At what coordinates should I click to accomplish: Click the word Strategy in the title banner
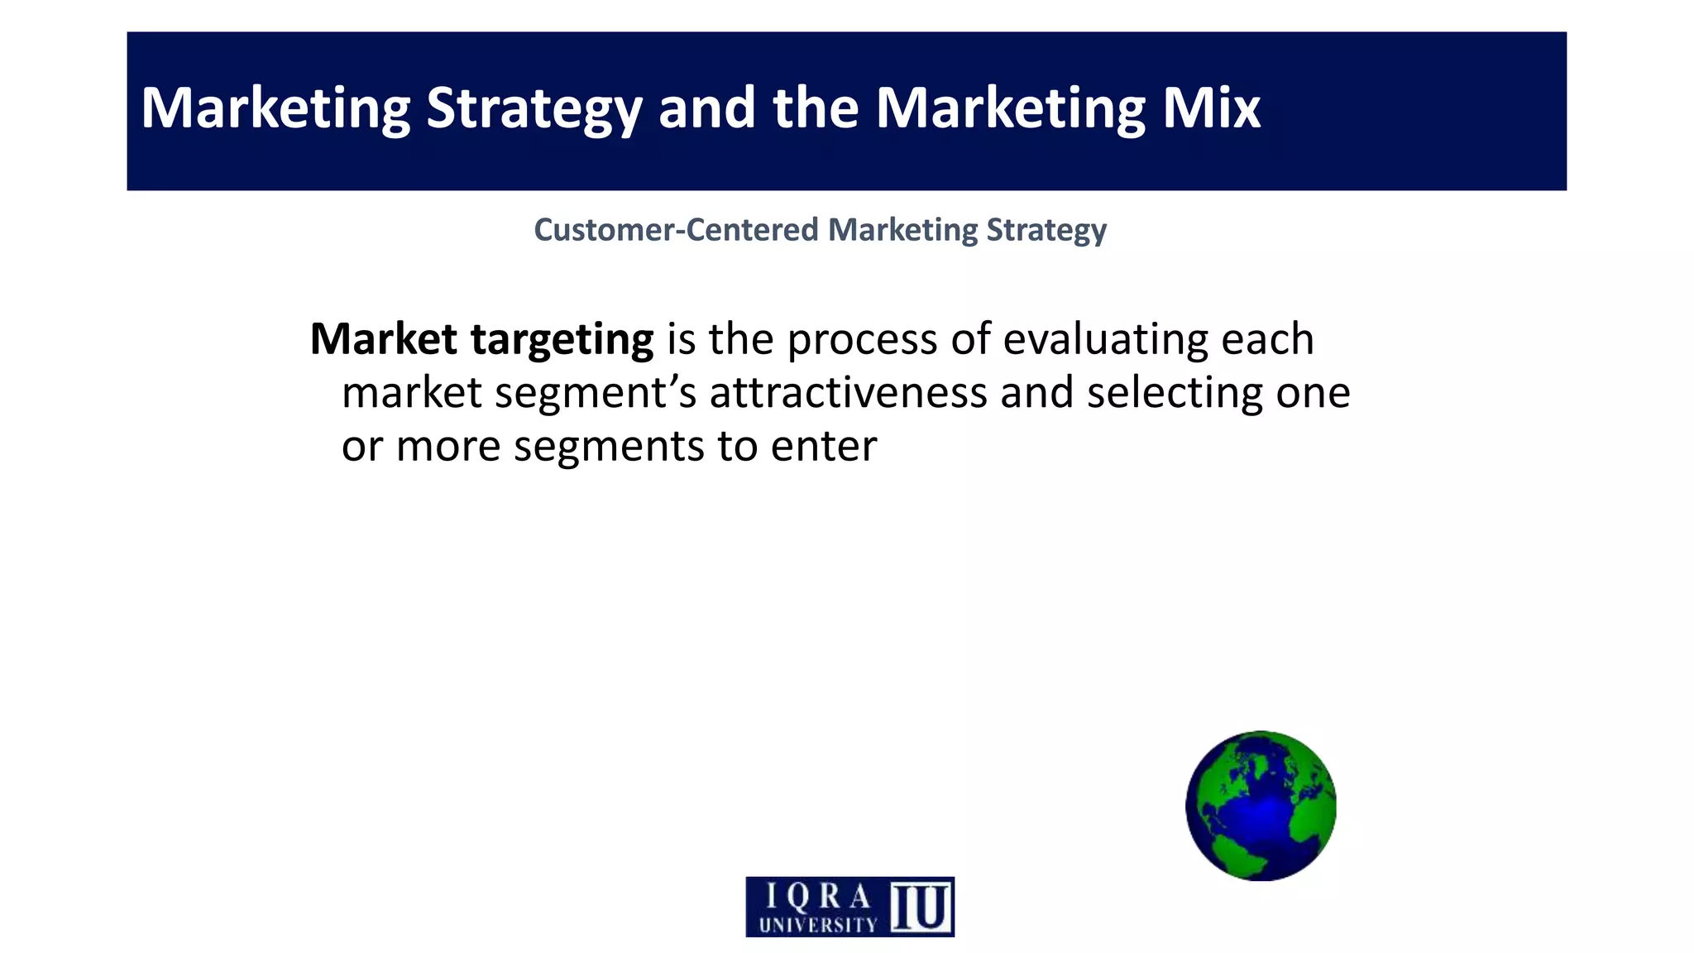534,109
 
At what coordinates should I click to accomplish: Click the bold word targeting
562,340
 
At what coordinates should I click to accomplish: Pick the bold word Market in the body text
383,338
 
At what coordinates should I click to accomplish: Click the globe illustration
1261,805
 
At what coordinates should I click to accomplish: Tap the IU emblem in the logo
921,907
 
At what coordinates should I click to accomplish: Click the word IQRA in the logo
817,896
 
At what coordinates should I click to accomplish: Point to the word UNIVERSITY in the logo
817,924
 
